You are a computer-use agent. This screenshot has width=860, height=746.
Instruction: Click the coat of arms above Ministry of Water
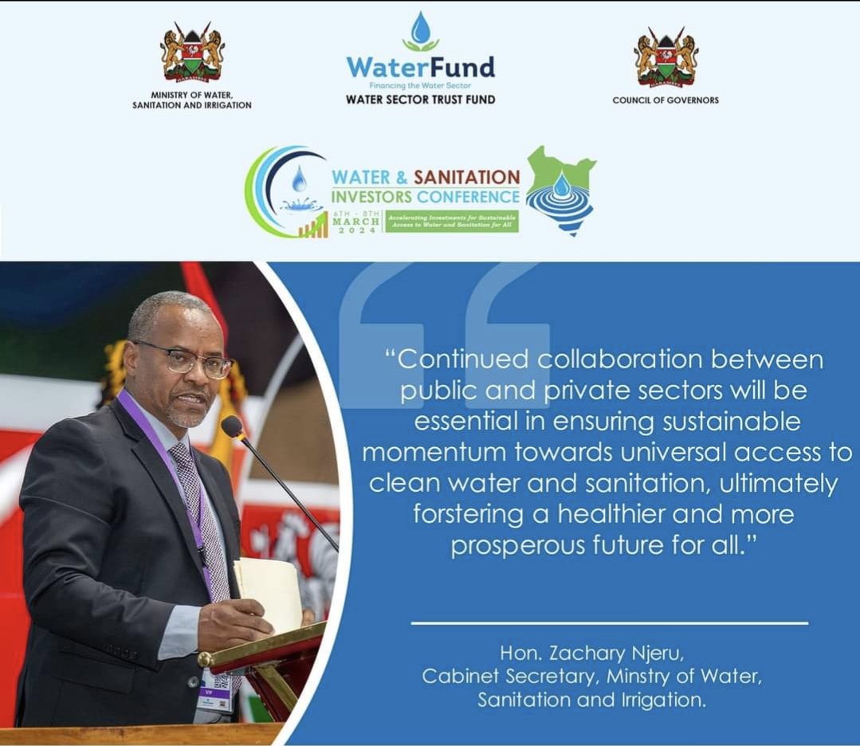click(x=192, y=53)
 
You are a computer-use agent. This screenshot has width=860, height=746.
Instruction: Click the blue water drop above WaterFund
click(x=420, y=30)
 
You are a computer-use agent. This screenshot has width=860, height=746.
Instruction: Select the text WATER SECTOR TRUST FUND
click(x=420, y=100)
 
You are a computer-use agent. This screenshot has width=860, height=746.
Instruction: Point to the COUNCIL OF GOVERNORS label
click(x=666, y=100)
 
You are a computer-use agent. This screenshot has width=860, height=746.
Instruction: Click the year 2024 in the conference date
click(x=356, y=230)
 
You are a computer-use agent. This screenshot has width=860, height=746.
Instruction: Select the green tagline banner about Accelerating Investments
click(x=452, y=221)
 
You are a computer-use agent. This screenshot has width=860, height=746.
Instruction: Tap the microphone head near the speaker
click(x=232, y=426)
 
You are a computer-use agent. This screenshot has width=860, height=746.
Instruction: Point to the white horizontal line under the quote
click(x=609, y=622)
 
